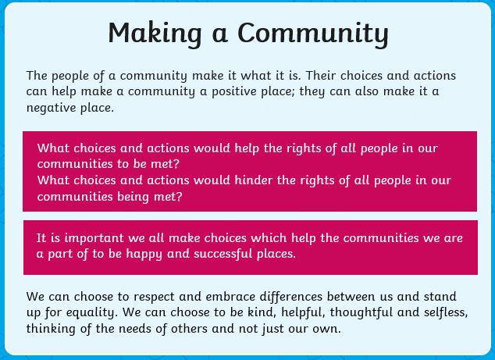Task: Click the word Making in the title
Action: click(x=155, y=34)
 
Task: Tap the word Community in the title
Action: click(x=313, y=34)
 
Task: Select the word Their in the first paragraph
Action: click(x=321, y=76)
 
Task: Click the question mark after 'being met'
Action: click(x=179, y=196)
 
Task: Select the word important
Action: click(x=94, y=238)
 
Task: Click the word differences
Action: click(x=290, y=297)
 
